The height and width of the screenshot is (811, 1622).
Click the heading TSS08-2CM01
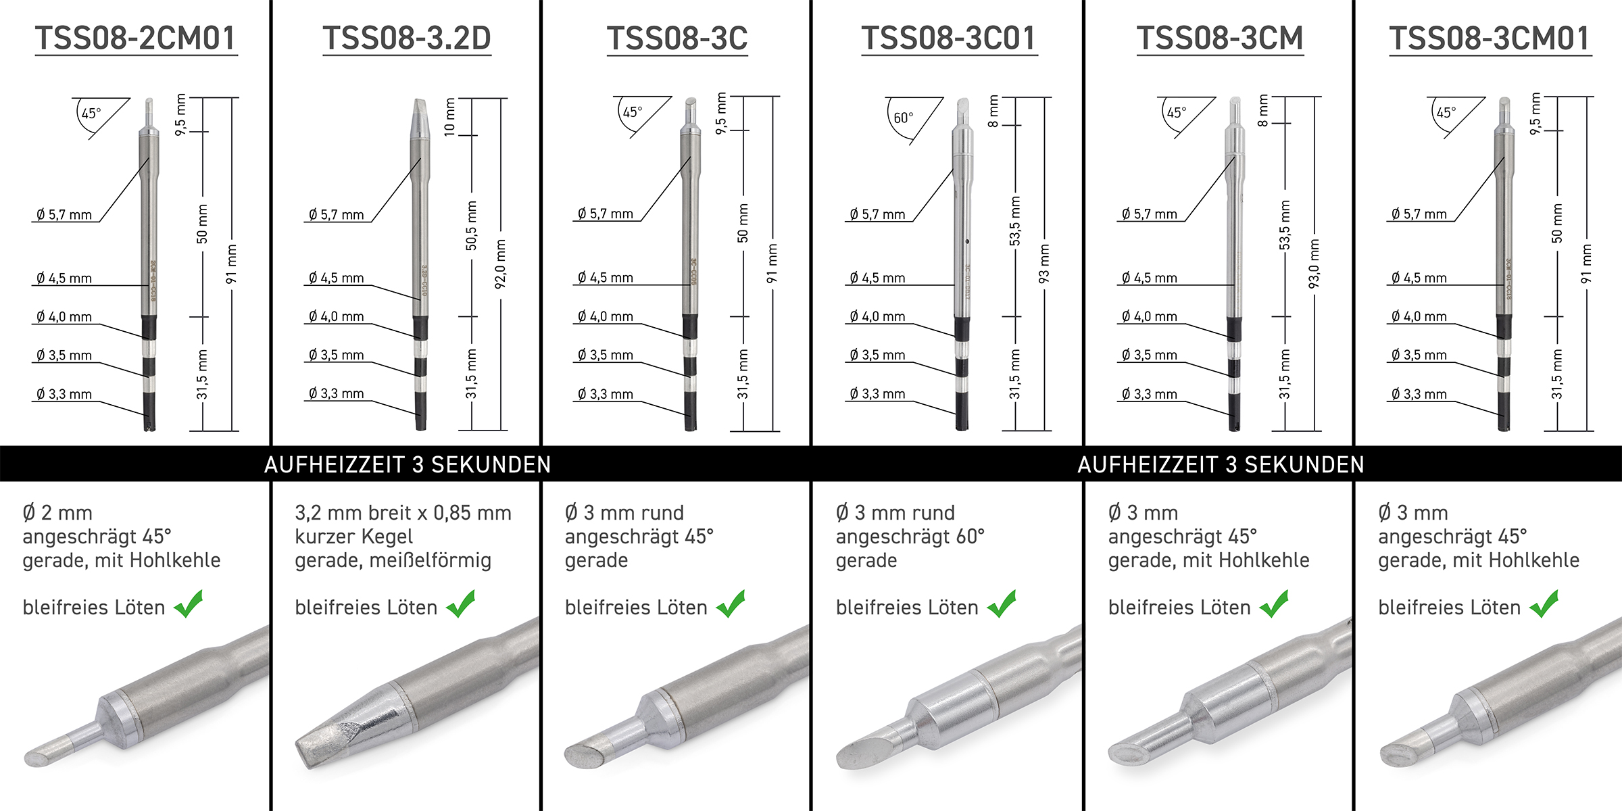pyautogui.click(x=136, y=38)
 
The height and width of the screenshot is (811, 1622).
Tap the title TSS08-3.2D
pyautogui.click(x=407, y=38)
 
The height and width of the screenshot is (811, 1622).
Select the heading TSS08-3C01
pyautogui.click(x=948, y=38)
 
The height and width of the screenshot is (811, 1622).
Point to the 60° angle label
pyautogui.click(x=903, y=118)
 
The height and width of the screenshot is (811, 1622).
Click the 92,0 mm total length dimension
pyautogui.click(x=501, y=264)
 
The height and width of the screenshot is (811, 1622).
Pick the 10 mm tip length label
pyautogui.click(x=450, y=117)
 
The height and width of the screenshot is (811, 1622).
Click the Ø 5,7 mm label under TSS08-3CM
pyautogui.click(x=1149, y=214)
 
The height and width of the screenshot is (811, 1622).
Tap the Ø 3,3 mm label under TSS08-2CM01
pyautogui.click(x=64, y=394)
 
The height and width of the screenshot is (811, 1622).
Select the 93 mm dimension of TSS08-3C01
pyautogui.click(x=1044, y=264)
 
